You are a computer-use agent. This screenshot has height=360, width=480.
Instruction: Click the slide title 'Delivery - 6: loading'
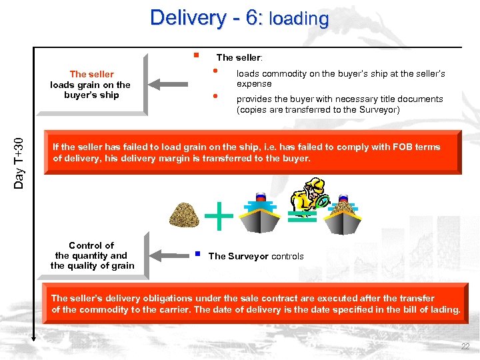coord(239,17)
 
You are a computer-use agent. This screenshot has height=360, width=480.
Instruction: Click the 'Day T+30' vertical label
coord(20,161)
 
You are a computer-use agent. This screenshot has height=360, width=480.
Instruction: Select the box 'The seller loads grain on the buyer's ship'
coord(92,85)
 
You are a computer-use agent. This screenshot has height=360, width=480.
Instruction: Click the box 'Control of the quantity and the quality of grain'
coord(92,255)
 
